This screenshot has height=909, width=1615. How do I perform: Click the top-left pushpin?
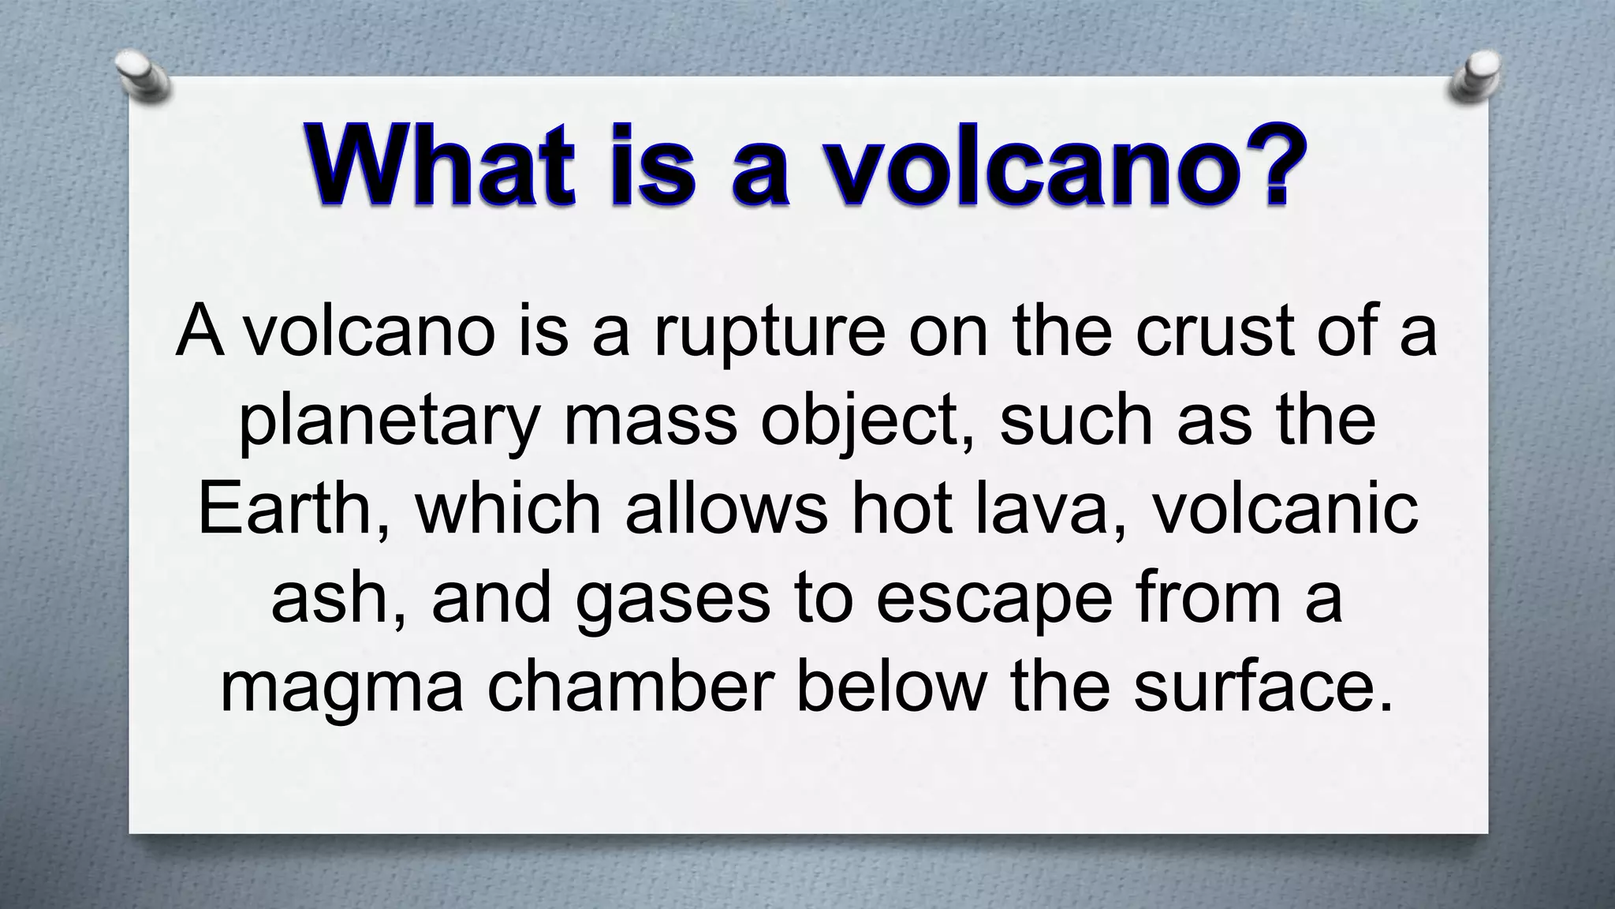142,77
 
